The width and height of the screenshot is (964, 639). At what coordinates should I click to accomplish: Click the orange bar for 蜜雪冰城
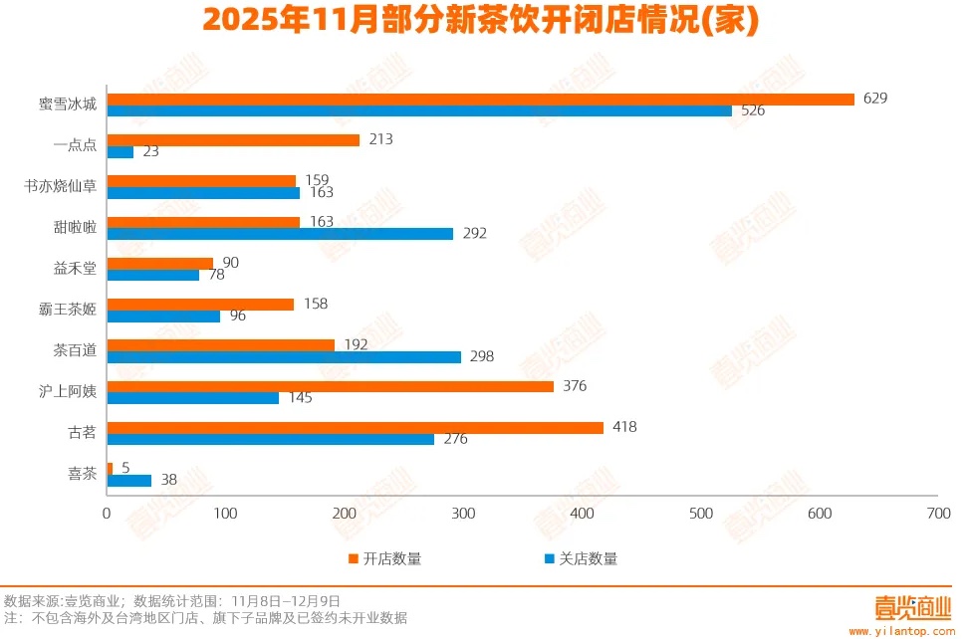480,99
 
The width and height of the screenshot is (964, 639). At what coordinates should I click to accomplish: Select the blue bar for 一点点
120,152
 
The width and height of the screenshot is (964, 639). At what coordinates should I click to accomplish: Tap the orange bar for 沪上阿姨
330,386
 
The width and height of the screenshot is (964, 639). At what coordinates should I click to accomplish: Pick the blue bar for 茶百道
284,356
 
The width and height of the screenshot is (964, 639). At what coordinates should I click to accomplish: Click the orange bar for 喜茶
110,468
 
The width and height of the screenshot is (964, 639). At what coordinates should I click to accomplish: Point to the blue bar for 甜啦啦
280,234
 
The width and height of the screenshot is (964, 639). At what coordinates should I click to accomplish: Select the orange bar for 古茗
355,427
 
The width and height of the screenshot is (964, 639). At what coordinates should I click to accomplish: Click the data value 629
875,98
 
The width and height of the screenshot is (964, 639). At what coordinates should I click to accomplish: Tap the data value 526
753,110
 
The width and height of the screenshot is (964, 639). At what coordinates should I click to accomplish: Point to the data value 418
624,427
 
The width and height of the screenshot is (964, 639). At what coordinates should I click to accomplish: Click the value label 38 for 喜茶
168,480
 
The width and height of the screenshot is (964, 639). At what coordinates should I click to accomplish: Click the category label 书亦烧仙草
63,186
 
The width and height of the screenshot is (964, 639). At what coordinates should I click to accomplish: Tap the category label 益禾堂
75,269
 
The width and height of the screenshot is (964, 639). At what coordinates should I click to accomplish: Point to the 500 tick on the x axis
701,514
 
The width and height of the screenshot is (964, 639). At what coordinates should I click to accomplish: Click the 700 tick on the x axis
938,514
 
